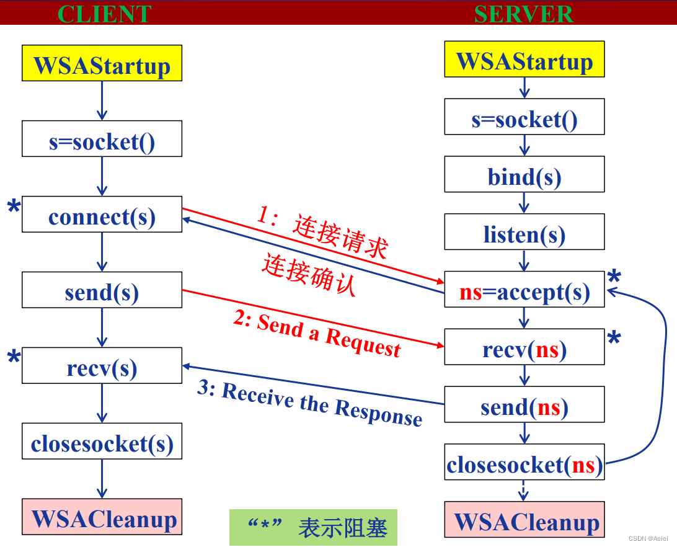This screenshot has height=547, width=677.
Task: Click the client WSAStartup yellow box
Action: [x=102, y=63]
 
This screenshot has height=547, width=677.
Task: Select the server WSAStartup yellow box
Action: [x=524, y=60]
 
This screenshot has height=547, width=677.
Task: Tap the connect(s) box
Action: [x=102, y=215]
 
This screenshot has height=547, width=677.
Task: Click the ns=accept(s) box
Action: [x=524, y=290]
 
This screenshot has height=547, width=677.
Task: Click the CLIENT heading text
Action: [x=104, y=14]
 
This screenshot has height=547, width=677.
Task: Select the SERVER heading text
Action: [x=524, y=14]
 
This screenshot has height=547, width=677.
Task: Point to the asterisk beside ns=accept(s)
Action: [x=614, y=278]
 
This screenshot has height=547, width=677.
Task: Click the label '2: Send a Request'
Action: [x=317, y=335]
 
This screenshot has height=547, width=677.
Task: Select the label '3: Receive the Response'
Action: [x=310, y=404]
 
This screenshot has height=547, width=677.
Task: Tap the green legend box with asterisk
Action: [x=313, y=528]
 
